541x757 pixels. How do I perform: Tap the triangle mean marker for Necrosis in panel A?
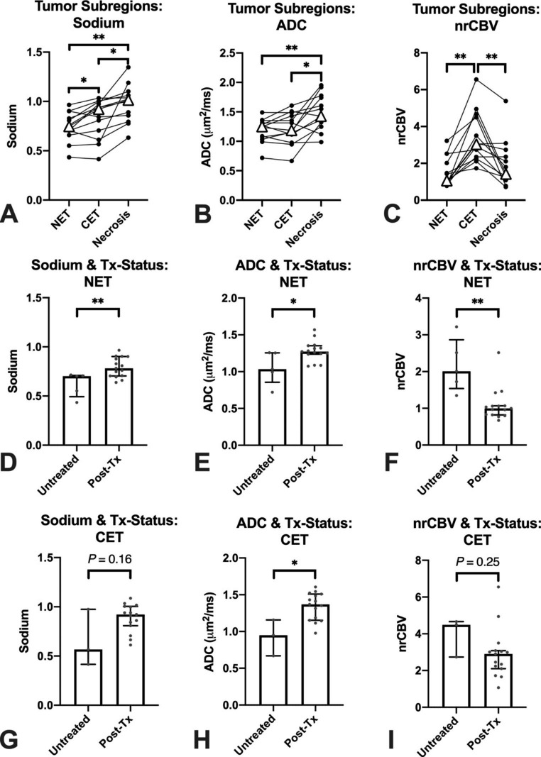pyautogui.click(x=128, y=99)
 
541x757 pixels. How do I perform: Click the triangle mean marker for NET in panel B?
pyautogui.click(x=262, y=126)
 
